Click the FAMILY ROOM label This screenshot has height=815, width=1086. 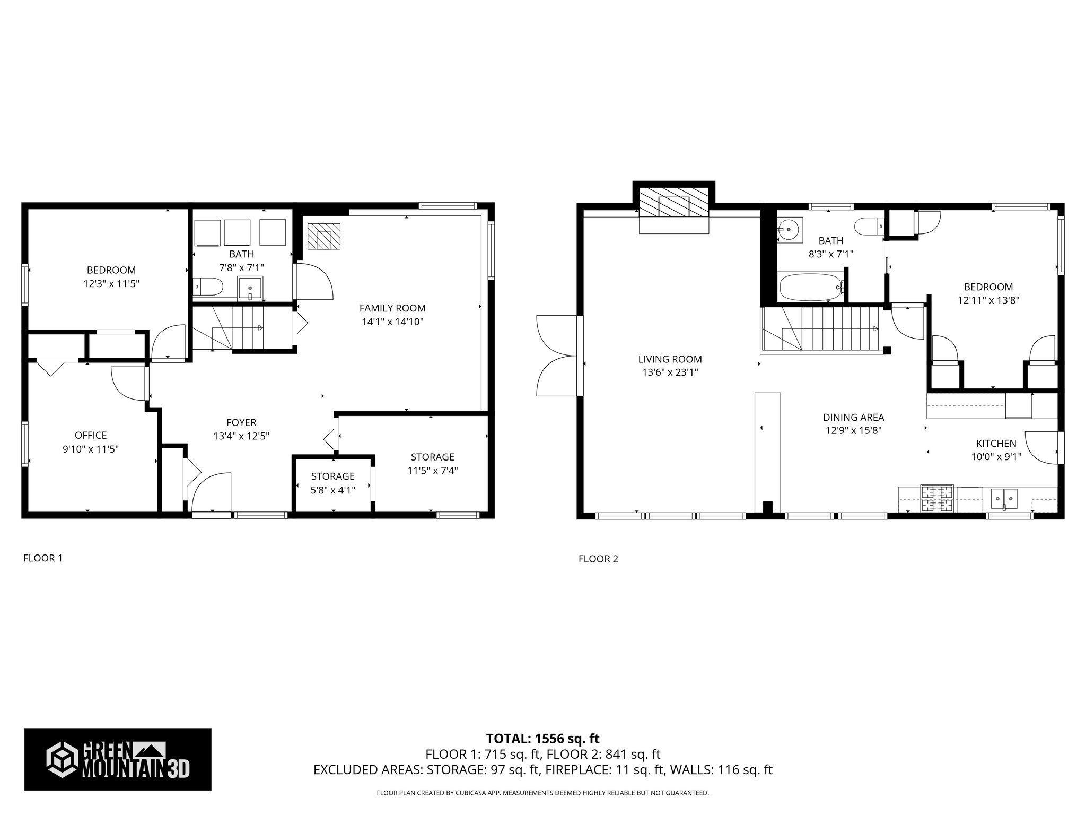(392, 308)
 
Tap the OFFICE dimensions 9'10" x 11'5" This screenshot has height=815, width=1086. (90, 449)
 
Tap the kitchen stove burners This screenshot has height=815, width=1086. (936, 499)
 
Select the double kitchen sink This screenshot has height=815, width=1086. (1004, 499)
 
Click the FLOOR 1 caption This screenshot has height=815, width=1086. (43, 558)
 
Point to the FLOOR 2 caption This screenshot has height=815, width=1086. (598, 559)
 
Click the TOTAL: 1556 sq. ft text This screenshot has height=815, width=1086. (542, 739)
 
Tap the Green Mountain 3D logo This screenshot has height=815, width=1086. (118, 759)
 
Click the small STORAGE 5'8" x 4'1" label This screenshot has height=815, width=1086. (332, 483)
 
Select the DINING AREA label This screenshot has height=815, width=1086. (853, 418)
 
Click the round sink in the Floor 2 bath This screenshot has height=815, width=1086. (790, 230)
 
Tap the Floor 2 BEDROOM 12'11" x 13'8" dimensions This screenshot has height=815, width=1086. (988, 300)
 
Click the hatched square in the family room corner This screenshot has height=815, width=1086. (323, 236)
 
